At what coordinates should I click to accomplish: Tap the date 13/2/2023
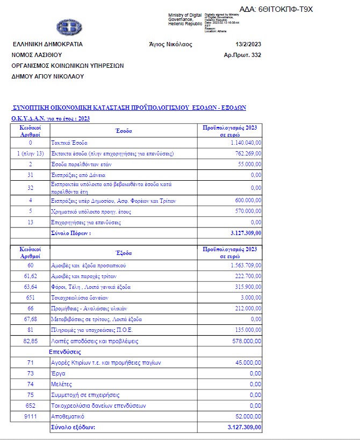[248, 44]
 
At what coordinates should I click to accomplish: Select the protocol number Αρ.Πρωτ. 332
[242, 55]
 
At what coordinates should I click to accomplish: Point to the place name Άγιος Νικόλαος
[170, 44]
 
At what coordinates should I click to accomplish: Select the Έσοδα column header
[124, 131]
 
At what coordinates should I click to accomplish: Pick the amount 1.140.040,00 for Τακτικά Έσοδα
[245, 143]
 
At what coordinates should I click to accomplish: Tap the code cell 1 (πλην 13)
[31, 153]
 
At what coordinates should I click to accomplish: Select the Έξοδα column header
[124, 252]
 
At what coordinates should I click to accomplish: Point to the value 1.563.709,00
[245, 265]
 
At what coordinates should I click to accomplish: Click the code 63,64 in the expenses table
[31, 287]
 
